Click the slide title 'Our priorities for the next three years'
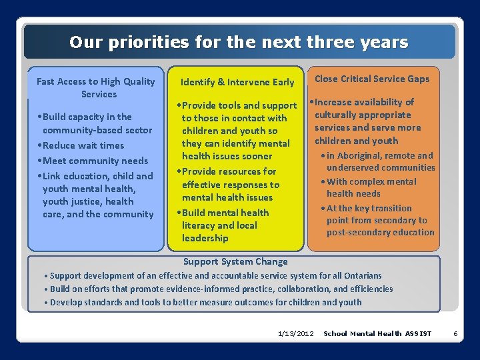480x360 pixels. click(x=239, y=43)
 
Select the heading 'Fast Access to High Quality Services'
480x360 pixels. click(x=95, y=87)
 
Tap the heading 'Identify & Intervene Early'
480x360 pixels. click(x=237, y=82)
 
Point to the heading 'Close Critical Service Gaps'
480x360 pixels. click(x=372, y=79)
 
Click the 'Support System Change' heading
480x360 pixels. click(x=235, y=262)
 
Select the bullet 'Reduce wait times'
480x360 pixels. click(x=83, y=145)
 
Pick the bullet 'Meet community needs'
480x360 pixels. click(x=95, y=161)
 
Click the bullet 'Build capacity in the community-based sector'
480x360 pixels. click(x=96, y=123)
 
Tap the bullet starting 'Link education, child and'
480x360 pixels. click(x=97, y=195)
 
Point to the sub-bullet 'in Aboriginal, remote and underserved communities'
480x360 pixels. click(x=380, y=161)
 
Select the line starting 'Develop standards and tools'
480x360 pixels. click(x=205, y=302)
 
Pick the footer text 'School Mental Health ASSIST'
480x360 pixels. click(x=377, y=333)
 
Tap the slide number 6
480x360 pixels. click(x=455, y=333)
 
